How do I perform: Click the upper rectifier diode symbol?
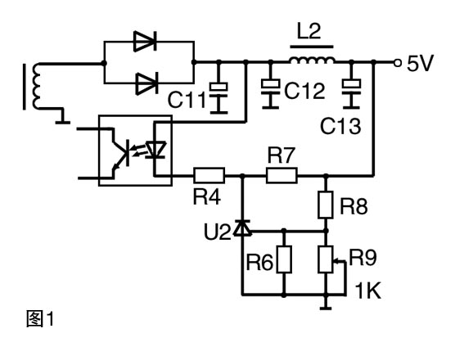point(145,42)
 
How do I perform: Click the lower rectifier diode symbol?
point(146,83)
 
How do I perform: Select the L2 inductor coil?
point(312,61)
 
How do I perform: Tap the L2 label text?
point(309,32)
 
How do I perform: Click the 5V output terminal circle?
point(398,63)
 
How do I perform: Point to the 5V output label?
point(420,63)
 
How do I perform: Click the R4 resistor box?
point(209,175)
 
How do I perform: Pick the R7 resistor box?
point(282,175)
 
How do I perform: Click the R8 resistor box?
point(326,205)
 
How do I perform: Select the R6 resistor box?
point(284,259)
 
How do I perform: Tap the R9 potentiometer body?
point(326,259)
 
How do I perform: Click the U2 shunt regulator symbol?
point(242,228)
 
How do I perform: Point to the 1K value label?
point(367,290)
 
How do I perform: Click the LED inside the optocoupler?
point(156,150)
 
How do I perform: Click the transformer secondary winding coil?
point(37,87)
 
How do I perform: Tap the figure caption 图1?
point(40,319)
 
